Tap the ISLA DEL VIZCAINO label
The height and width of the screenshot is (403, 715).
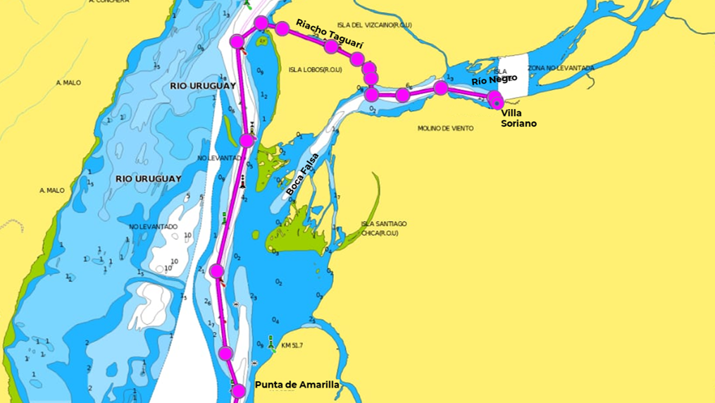pyautogui.click(x=375, y=25)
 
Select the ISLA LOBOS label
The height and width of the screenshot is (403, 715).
pyautogui.click(x=315, y=70)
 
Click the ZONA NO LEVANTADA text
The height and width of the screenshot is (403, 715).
pyautogui.click(x=561, y=68)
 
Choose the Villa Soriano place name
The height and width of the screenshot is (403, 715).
pyautogui.click(x=518, y=118)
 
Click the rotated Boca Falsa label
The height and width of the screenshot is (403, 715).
pyautogui.click(x=302, y=175)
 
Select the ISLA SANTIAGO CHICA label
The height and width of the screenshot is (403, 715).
pyautogui.click(x=384, y=228)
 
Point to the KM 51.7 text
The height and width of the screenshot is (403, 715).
pyautogui.click(x=292, y=345)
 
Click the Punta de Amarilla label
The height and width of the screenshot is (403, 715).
pyautogui.click(x=297, y=385)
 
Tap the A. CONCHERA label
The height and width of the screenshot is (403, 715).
pyautogui.click(x=108, y=2)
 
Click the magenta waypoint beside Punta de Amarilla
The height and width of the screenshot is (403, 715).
pyautogui.click(x=239, y=391)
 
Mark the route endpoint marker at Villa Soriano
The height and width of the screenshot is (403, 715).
pyautogui.click(x=497, y=101)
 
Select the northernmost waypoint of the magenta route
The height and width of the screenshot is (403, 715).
pyautogui.click(x=261, y=23)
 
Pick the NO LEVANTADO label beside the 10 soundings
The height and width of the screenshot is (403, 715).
pyautogui.click(x=153, y=226)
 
